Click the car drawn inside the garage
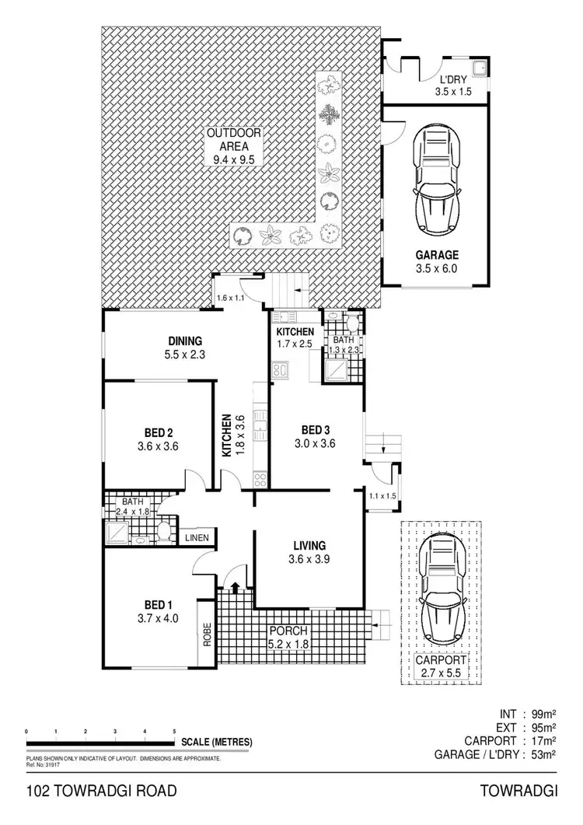pos(438,181)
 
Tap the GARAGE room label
pos(436,255)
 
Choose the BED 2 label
pos(158,433)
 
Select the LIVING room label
pos(309,545)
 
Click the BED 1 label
pos(158,605)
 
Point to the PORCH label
pos(288,630)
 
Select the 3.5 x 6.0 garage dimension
pos(436,269)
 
